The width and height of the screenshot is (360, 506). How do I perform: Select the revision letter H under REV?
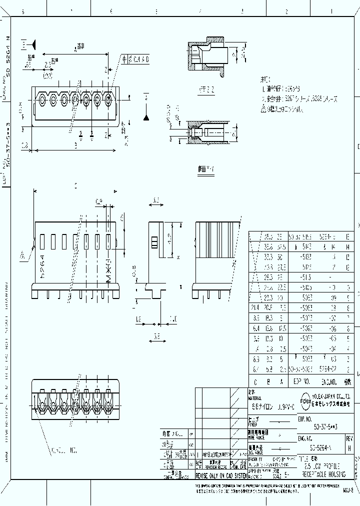coord(348,448)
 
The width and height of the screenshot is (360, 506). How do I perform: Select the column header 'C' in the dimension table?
coord(255,381)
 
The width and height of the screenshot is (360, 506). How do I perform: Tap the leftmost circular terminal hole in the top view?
coord(41,100)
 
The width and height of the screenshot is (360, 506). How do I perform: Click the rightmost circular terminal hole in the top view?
coord(109,100)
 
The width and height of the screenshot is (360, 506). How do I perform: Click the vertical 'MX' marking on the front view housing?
coord(108,270)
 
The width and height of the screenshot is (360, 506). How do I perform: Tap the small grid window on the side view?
coord(154,242)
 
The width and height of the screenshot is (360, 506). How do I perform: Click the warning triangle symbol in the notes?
coord(264,109)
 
